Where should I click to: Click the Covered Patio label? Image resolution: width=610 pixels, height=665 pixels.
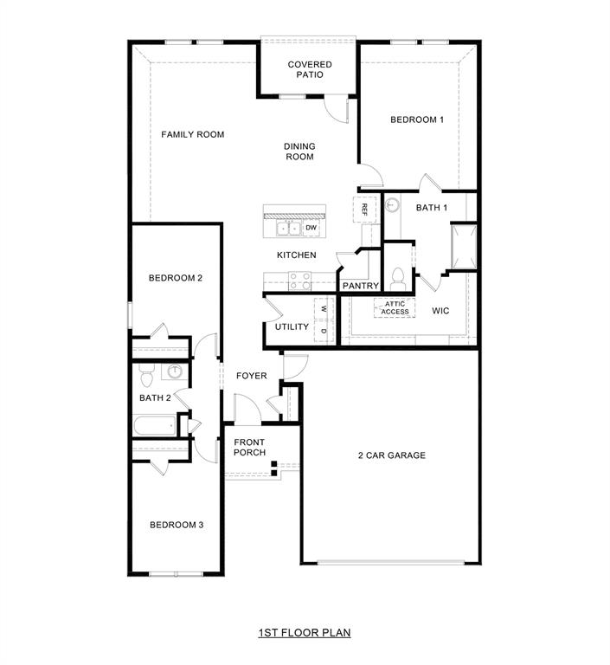[310, 69]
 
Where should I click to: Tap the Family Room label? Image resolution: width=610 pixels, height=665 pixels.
[193, 134]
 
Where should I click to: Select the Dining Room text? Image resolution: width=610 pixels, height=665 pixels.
[299, 152]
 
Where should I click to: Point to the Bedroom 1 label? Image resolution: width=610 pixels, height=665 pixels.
[417, 119]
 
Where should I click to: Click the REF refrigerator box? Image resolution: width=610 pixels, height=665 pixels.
[364, 209]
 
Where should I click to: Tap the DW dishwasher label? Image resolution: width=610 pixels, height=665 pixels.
[310, 228]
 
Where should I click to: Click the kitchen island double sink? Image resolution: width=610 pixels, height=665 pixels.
[288, 229]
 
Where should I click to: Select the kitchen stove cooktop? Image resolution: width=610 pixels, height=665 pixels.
[299, 281]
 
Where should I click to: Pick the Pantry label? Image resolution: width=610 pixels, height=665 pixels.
[360, 285]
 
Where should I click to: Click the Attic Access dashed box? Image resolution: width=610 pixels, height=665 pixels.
[395, 307]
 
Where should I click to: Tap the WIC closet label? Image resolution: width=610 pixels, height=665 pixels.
[440, 309]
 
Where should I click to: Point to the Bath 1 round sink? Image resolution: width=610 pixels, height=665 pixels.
[392, 205]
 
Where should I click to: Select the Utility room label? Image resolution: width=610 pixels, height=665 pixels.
[292, 326]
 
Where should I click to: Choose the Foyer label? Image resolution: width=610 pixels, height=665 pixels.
[252, 375]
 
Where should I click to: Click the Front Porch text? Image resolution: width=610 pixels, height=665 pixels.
[250, 447]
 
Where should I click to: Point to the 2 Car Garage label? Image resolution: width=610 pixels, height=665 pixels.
[392, 455]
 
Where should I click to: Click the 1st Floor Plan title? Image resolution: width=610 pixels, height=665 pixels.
[305, 633]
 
